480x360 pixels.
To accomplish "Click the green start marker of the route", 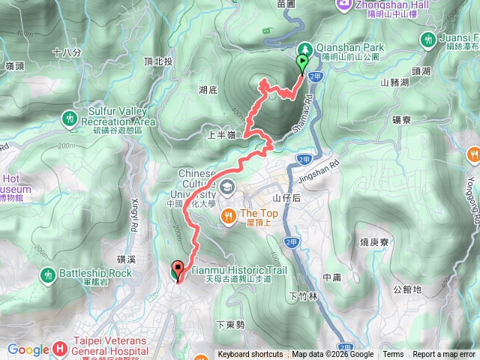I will tap(303, 63).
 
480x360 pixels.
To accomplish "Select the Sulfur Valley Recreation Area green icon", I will tap(70, 118).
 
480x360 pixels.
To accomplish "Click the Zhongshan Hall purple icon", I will tap(343, 4).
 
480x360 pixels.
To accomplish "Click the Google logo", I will tap(28, 349).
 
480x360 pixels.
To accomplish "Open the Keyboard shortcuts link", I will tap(250, 355).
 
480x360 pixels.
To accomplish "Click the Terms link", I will tap(392, 355).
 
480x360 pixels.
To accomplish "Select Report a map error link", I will tap(444, 355).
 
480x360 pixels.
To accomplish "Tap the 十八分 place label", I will tap(67, 52).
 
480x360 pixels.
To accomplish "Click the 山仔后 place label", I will tap(286, 198).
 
